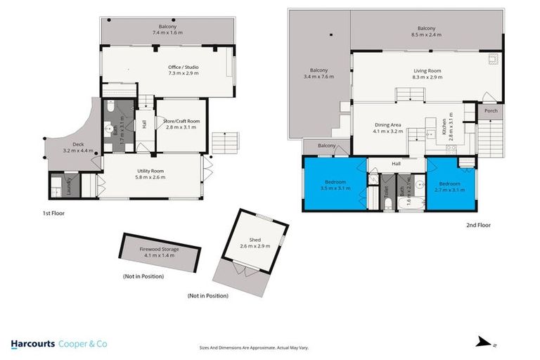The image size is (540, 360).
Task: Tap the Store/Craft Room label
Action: click(181, 124)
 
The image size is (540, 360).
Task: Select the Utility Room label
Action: click(150, 174)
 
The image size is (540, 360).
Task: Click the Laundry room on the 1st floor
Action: click(69, 186)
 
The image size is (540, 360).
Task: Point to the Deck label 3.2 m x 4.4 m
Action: click(74, 148)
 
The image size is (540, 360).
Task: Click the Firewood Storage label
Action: click(159, 252)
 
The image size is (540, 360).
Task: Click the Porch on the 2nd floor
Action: click(490, 110)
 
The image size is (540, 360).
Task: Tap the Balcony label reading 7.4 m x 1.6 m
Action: click(167, 30)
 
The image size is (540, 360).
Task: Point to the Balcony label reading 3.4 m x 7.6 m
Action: click(319, 74)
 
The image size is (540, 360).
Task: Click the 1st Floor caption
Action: click(53, 212)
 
